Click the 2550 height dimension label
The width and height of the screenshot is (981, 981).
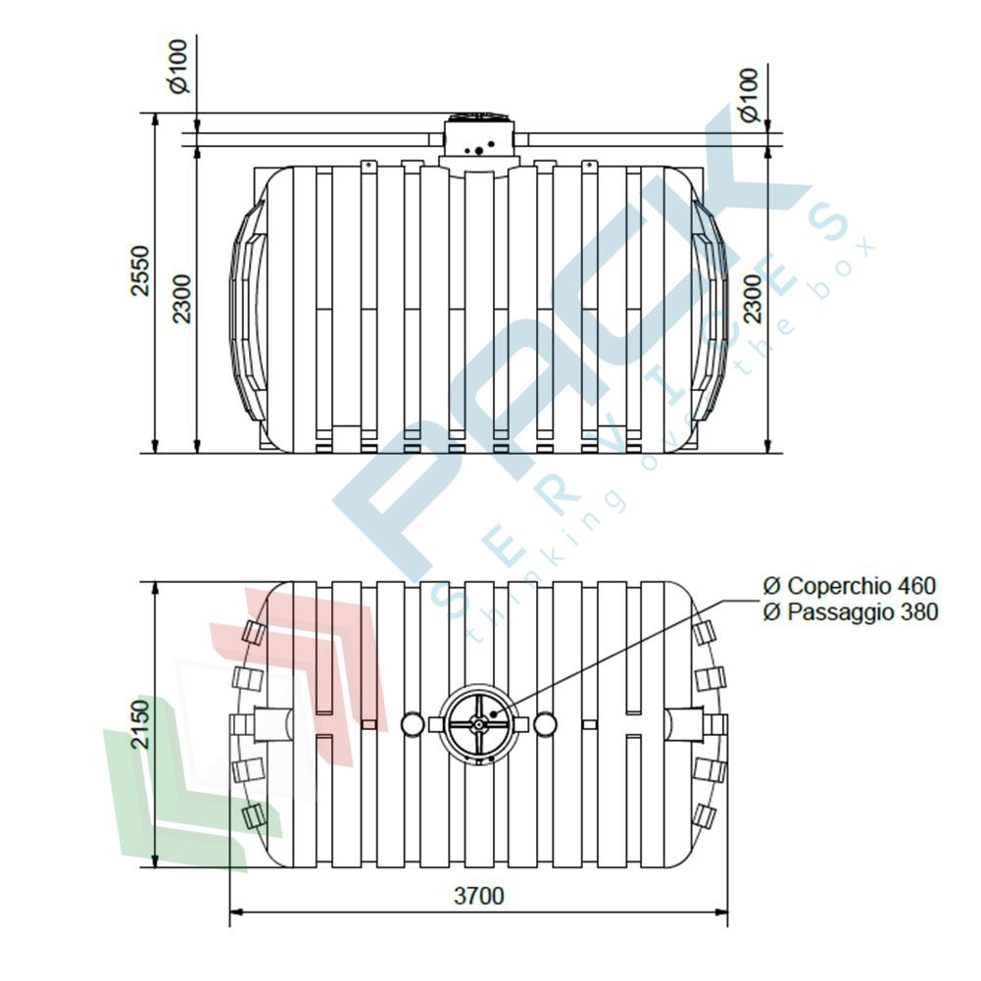(141, 270)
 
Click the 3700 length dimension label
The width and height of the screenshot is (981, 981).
(478, 896)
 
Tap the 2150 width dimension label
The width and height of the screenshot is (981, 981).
(141, 724)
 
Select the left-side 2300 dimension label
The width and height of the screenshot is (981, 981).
(182, 299)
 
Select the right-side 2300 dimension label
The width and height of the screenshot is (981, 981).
(754, 298)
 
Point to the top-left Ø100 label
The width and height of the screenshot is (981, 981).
(179, 67)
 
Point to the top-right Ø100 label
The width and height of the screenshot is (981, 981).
(749, 95)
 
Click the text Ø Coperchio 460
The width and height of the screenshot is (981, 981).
(849, 586)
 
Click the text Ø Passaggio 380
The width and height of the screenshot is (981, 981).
(851, 612)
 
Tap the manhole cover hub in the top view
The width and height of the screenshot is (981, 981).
(478, 724)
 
